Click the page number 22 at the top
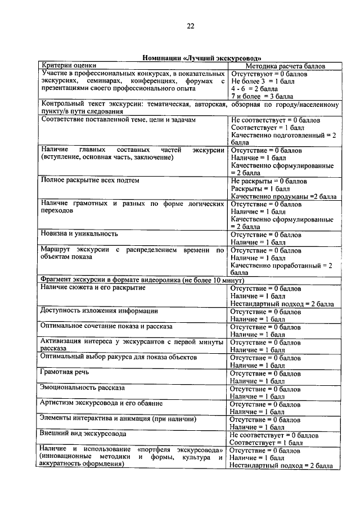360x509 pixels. tap(190, 26)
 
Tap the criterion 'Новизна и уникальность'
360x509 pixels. tap(79, 233)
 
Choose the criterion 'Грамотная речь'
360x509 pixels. tap(65, 372)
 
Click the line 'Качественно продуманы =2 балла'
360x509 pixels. tap(283, 197)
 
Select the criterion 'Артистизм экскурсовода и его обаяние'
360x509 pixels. tap(103, 403)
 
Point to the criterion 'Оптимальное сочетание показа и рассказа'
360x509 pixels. tap(106, 326)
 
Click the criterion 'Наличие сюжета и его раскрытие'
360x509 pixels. tap(93, 287)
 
